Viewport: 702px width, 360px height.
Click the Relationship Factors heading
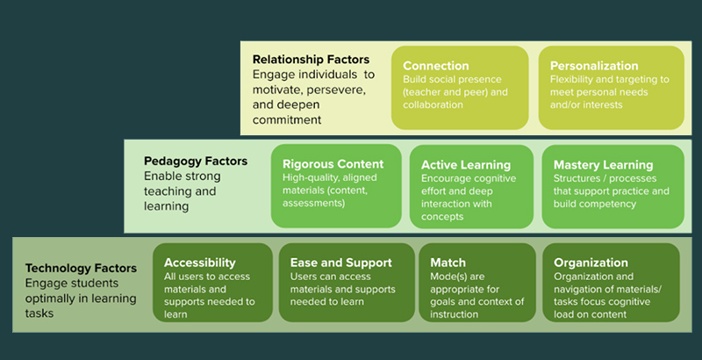[x=312, y=60]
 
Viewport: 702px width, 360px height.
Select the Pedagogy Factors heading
[x=196, y=162]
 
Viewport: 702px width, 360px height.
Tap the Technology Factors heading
[x=81, y=268]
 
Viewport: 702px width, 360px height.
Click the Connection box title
[x=435, y=66]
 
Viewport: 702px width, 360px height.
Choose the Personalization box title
[x=594, y=66]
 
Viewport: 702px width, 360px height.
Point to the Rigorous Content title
[x=333, y=164]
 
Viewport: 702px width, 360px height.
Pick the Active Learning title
[x=466, y=165]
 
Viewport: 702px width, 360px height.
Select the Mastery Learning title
[x=603, y=165]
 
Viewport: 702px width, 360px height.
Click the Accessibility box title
[x=200, y=263]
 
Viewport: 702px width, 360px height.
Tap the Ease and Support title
[x=340, y=263]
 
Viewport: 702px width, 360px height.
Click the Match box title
[x=448, y=263]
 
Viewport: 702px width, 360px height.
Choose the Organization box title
[x=591, y=263]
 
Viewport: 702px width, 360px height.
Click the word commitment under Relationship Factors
[x=287, y=120]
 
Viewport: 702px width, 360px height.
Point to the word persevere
[x=340, y=90]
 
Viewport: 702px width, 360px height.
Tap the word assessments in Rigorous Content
[x=313, y=204]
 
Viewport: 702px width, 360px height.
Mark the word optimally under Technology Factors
[x=49, y=299]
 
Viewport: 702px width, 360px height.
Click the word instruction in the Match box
[x=454, y=314]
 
